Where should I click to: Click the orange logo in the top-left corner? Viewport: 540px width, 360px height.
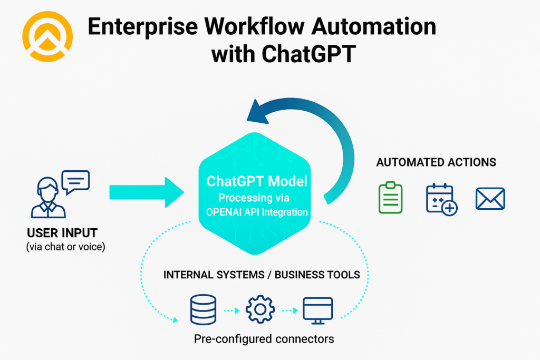[46, 38]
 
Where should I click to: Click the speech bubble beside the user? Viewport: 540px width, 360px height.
[75, 181]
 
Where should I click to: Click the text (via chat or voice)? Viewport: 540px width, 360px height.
[66, 246]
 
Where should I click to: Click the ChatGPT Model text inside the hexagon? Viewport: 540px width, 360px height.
[257, 181]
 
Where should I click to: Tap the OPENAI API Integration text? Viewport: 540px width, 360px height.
[257, 212]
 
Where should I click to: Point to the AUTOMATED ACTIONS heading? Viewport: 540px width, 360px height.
[436, 162]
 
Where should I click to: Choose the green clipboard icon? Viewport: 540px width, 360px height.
[390, 198]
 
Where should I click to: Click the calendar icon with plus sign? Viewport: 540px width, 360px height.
[441, 199]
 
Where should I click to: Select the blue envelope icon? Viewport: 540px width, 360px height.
[490, 199]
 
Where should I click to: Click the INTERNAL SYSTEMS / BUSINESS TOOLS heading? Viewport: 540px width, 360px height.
[262, 275]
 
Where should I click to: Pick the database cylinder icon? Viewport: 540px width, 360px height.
[203, 309]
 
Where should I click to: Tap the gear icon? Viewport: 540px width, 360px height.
[259, 309]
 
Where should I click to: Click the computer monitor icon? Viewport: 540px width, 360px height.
[317, 310]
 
